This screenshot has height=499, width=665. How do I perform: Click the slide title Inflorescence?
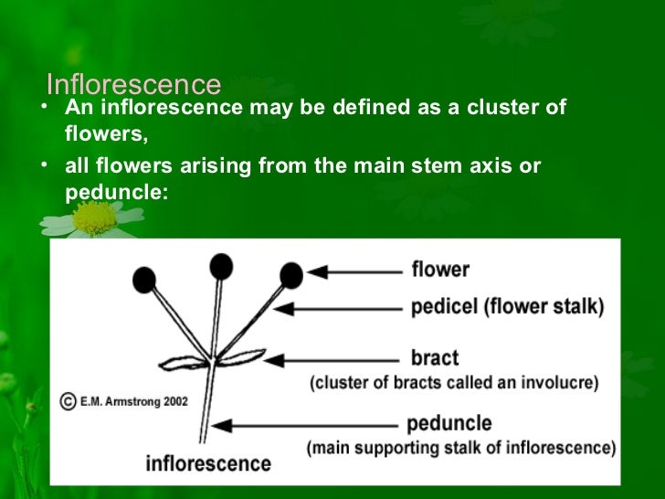tap(133, 85)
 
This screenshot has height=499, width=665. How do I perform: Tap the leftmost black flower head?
tap(143, 280)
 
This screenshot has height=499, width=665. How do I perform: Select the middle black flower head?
tap(220, 266)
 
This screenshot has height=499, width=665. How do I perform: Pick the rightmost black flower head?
tap(290, 274)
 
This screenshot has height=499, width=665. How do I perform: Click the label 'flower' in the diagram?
tap(439, 270)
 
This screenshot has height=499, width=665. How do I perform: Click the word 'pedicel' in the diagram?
tap(440, 307)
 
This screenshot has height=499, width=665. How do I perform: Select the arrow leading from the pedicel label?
tap(338, 309)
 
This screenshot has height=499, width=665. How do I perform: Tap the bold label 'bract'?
tap(435, 357)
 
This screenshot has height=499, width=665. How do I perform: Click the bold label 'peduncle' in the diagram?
tap(449, 424)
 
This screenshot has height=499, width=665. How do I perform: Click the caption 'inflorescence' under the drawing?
tap(208, 462)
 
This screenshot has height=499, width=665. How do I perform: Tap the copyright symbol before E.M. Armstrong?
tap(68, 400)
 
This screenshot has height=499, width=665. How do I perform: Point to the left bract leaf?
tap(185, 363)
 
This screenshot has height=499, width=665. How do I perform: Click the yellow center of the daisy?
tap(94, 218)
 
